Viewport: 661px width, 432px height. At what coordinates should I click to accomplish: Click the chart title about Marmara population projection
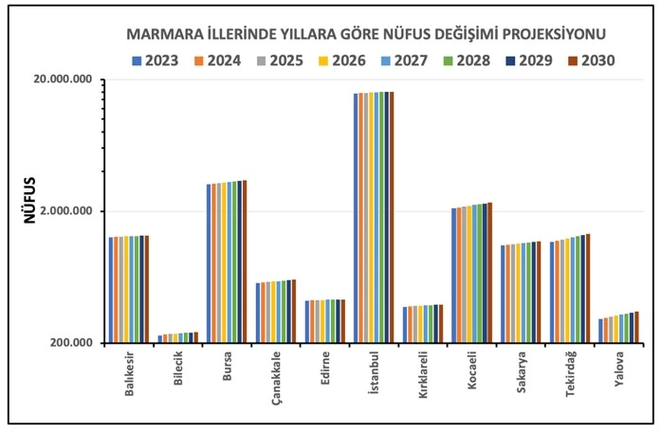coord(366,35)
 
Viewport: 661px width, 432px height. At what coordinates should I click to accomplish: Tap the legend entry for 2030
coord(591,61)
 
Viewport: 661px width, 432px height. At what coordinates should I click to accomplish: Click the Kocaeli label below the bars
coord(471,373)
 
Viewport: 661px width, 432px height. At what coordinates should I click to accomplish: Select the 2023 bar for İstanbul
coord(356,218)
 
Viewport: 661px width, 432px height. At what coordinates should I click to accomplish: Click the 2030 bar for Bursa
coord(244,261)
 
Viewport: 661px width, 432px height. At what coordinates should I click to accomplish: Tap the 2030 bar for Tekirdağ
coord(588,288)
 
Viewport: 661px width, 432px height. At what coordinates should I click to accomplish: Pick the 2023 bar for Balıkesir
coord(111,290)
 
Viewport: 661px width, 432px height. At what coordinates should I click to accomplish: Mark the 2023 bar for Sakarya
coord(504,294)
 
